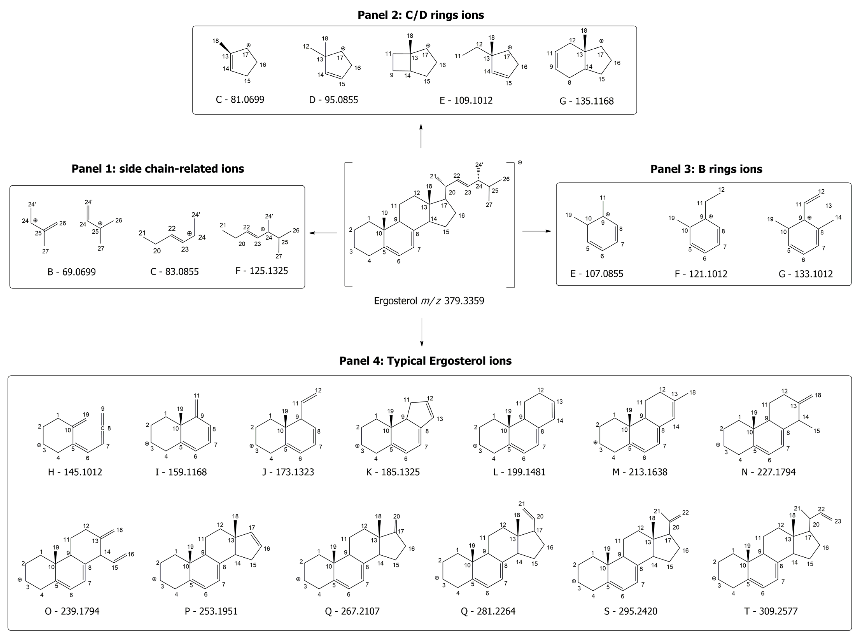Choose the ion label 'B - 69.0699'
[x=72, y=272]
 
